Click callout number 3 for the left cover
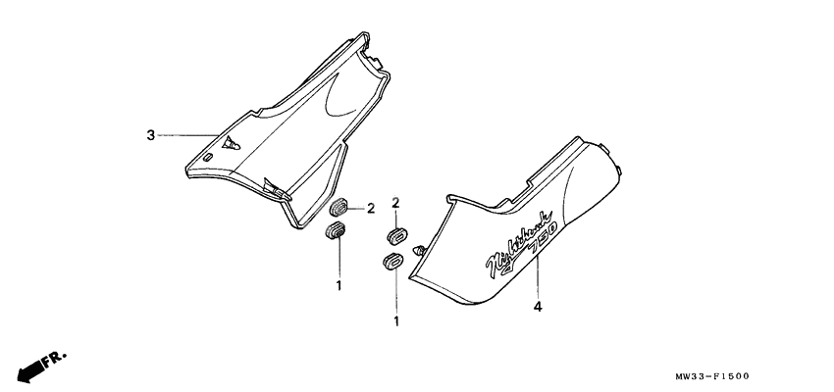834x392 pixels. [x=150, y=135]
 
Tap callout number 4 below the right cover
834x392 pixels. [x=538, y=307]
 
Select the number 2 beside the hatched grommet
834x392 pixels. [x=372, y=208]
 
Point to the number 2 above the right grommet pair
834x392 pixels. [x=395, y=203]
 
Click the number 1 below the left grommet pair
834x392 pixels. [x=339, y=285]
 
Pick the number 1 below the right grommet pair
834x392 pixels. [x=395, y=320]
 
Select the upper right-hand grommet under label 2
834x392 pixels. [x=395, y=236]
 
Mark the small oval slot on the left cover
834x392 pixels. [x=208, y=157]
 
